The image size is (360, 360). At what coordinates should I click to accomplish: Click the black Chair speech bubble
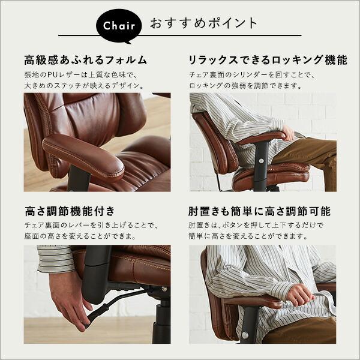(118, 26)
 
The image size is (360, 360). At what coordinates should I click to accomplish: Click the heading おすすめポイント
(203, 23)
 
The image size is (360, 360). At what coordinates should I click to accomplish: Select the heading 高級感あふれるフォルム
(85, 60)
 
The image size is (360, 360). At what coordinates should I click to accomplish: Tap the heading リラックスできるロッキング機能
(268, 60)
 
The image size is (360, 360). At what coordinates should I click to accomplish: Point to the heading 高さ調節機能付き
(70, 211)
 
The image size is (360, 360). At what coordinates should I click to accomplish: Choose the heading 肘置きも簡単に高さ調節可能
(259, 211)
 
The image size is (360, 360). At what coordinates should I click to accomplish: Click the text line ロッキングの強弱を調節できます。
(245, 86)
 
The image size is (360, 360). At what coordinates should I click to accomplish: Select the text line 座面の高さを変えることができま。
(80, 236)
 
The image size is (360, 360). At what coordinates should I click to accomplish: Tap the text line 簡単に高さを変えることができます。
(248, 236)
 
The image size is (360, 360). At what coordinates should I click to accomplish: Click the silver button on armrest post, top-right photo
(260, 161)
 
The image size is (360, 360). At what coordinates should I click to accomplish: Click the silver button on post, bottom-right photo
(245, 335)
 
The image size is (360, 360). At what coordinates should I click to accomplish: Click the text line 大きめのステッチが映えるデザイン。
(84, 86)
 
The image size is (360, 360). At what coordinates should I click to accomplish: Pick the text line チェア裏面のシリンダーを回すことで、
(252, 75)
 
